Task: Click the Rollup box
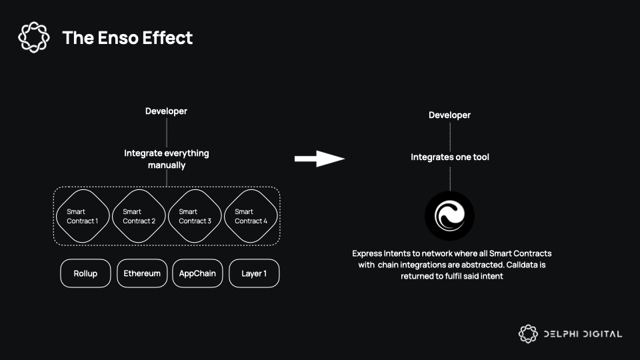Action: (85, 273)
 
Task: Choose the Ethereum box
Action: (142, 273)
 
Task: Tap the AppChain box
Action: (197, 273)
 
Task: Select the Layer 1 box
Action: (254, 273)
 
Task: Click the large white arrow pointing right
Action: (319, 159)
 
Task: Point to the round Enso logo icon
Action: (450, 216)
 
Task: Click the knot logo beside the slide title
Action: (34, 37)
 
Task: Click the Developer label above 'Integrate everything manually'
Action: (166, 111)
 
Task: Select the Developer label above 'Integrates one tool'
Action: (449, 115)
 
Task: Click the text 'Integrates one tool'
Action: (450, 157)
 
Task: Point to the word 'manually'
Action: (167, 165)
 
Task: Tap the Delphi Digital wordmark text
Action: (583, 334)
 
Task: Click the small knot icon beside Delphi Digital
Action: (528, 334)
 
